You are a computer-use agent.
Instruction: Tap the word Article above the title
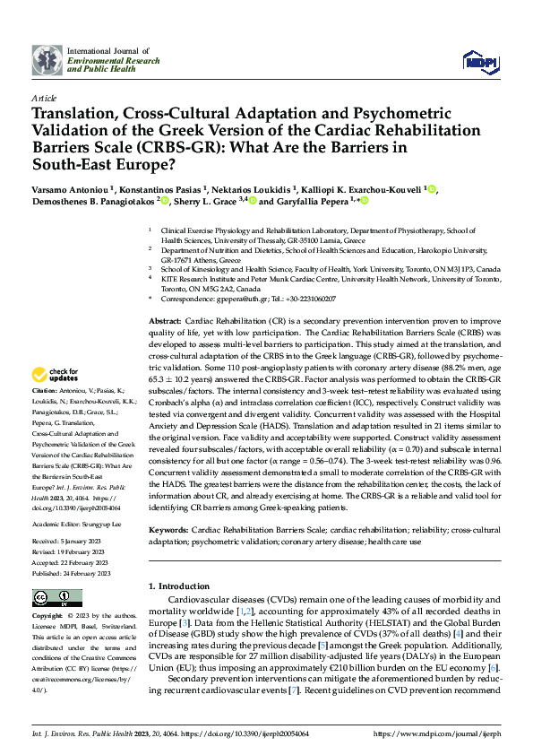[x=43, y=98]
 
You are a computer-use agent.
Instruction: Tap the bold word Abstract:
[x=165, y=321]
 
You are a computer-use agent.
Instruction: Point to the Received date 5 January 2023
[x=89, y=542]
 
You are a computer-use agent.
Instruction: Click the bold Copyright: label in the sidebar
[x=47, y=618]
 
